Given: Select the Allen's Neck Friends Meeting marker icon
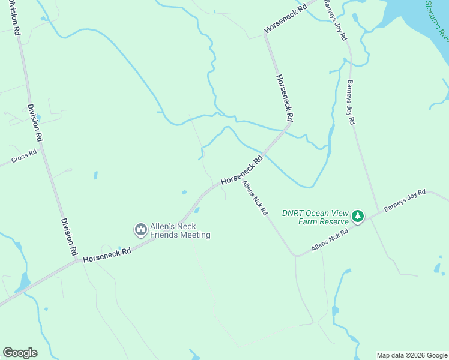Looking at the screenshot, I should point(141,230).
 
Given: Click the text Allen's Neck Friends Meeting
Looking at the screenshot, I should point(180,230).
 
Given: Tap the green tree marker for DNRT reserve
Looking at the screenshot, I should point(358,216).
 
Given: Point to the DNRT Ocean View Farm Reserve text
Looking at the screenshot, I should point(315,217).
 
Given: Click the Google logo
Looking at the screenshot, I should point(20,352).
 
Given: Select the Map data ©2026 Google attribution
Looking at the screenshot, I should point(412,355).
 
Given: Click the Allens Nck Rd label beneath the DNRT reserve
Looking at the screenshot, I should point(330,241).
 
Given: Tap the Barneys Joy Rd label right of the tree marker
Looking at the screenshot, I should point(405,201).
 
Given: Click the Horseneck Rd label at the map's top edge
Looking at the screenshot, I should point(286,19).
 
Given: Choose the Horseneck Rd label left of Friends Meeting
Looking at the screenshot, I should point(107,255).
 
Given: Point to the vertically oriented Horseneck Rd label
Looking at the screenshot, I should point(285,97).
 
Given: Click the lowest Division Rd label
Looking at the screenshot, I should point(68,235).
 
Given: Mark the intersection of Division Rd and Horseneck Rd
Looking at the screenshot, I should point(77,260).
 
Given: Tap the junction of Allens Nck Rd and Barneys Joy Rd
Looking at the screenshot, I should point(370,218).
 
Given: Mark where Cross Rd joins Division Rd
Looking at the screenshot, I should point(44,147).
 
